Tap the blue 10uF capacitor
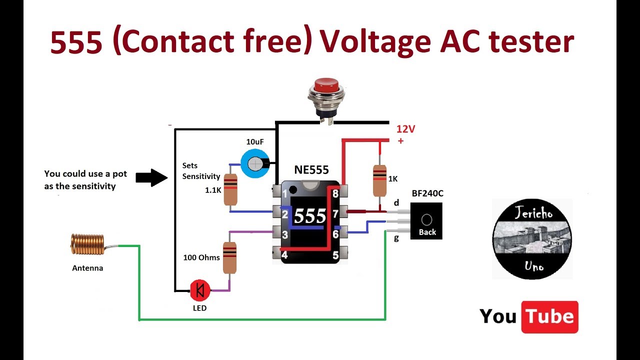(x=255, y=162)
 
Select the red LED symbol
(x=200, y=289)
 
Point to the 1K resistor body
(x=379, y=180)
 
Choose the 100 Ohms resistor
(x=229, y=257)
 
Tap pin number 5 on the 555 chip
(x=335, y=255)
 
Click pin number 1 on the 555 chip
(x=285, y=193)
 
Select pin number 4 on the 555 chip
(x=284, y=255)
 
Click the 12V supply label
(x=405, y=129)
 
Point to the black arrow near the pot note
(x=152, y=177)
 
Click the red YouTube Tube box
(x=549, y=317)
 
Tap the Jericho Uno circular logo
(x=531, y=239)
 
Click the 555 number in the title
(x=76, y=43)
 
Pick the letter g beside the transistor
(x=396, y=238)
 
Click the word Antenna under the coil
(x=87, y=268)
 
